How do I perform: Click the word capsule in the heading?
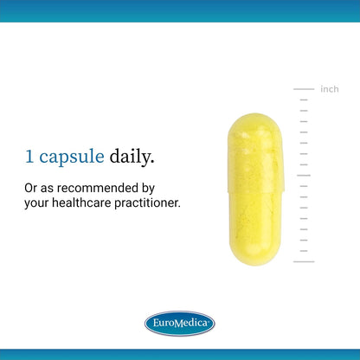pos(72,157)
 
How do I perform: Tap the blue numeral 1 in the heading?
pos(29,157)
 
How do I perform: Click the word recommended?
pos(98,188)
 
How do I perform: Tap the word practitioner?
pos(147,202)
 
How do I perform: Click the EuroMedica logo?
pos(180,323)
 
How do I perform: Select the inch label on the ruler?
pos(330,89)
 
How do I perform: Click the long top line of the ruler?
pos(304,89)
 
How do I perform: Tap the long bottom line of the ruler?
pos(304,261)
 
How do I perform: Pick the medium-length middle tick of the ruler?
pos(304,176)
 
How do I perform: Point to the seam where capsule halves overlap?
pos(255,191)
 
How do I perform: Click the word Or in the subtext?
pos(31,188)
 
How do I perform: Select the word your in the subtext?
pos(36,204)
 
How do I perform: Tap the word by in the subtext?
pos(148,190)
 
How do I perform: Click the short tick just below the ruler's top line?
pos(304,100)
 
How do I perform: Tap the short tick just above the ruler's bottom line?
pos(304,251)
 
